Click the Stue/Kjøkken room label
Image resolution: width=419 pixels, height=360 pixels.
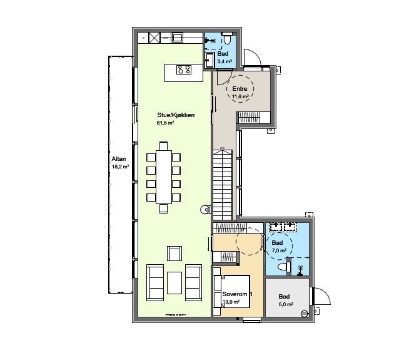coord(176,115)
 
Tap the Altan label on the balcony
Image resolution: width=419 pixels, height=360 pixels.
coord(119,159)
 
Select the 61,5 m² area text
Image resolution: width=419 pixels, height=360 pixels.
coord(165,123)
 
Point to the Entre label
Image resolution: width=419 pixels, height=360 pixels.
coord(240,89)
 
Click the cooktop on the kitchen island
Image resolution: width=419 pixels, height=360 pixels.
coord(184,69)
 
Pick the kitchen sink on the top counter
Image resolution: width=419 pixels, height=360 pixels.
coord(177,38)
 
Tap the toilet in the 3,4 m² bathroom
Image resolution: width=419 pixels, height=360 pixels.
coord(227,38)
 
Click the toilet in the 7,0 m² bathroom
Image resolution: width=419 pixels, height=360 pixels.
coord(284,267)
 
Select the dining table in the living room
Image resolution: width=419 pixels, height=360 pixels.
coord(164,177)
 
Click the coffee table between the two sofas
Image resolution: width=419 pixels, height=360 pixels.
coord(174,283)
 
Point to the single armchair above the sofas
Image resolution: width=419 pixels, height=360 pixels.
coord(174,254)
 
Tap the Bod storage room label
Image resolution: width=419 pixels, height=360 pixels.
coord(284,297)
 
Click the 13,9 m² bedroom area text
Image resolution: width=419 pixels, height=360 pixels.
coord(231,302)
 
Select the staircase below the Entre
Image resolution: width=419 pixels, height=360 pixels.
coord(223,185)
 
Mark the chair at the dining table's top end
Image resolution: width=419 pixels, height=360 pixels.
coord(164,146)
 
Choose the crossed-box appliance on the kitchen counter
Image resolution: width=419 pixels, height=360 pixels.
coord(154,38)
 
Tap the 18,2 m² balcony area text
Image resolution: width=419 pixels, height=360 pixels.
coord(120,167)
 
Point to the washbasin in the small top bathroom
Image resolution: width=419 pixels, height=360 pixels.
coord(209,60)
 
